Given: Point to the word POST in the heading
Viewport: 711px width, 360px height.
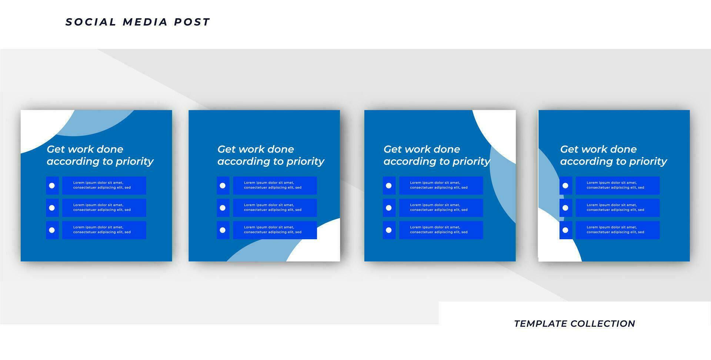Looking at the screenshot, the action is (192, 22).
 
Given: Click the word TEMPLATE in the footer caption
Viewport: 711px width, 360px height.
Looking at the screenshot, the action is (541, 324).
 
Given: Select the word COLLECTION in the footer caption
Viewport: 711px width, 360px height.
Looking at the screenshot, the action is (603, 324).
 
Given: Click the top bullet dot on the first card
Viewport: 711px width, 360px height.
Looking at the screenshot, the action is (52, 186).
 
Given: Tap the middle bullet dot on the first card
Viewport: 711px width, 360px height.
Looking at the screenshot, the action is (52, 208).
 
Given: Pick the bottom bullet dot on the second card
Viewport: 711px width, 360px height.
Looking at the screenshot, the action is (223, 230).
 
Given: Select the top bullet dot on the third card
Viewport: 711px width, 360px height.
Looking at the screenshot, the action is (388, 186).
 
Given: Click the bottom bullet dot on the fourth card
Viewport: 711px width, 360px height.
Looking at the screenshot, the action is (565, 230).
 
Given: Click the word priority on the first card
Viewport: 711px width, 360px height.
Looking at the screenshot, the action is (134, 162).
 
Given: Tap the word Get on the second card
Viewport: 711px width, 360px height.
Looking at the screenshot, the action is (226, 149).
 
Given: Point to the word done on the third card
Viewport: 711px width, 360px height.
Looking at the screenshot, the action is (447, 149).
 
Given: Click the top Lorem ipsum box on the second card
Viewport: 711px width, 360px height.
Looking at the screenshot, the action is (275, 186).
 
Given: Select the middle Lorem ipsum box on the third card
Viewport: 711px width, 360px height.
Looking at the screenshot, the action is (441, 208).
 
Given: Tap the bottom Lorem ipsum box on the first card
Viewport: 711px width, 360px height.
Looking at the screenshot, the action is (104, 230).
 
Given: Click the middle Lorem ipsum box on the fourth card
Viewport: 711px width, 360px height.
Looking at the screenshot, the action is (618, 208).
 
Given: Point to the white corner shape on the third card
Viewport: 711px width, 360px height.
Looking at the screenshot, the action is (501, 130).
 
